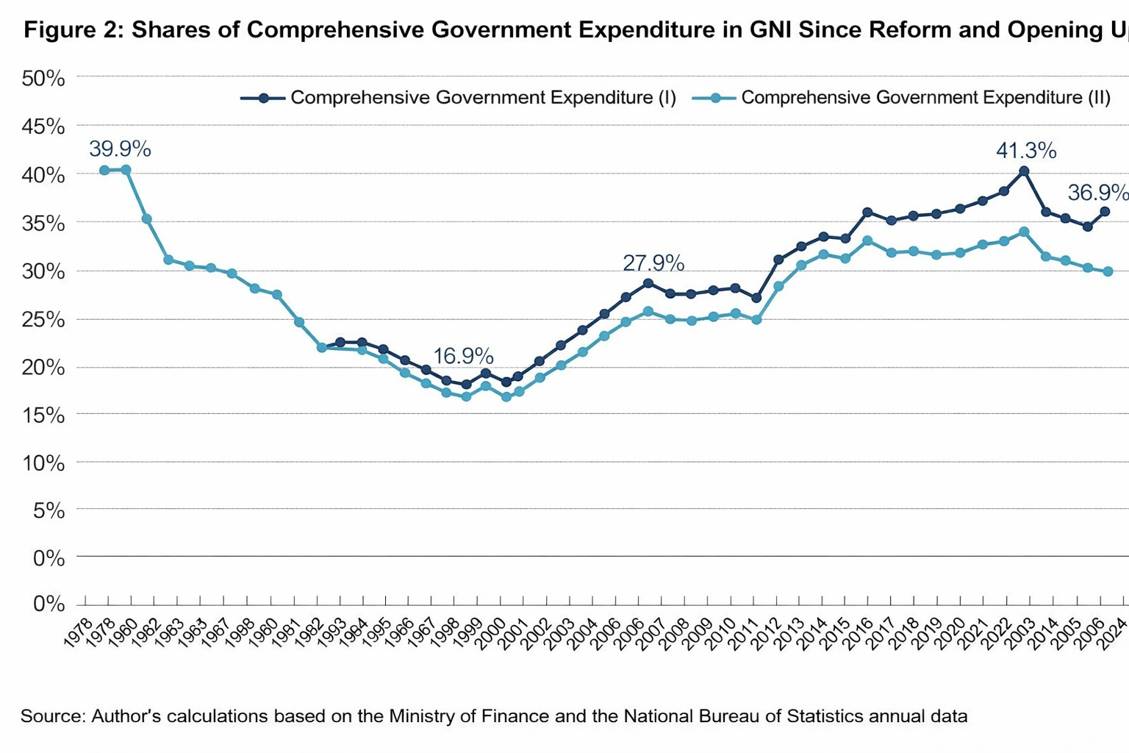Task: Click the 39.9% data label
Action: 120,149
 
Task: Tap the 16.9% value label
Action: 463,356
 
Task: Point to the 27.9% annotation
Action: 653,263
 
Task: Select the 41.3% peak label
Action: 1026,151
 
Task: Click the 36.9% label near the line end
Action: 1097,193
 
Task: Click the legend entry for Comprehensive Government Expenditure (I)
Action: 459,98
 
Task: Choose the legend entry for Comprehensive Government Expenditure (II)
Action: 902,98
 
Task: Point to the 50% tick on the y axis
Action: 43,79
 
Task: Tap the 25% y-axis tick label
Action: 43,320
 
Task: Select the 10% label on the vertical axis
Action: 43,464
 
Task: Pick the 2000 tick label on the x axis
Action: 491,632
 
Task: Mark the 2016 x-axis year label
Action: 856,632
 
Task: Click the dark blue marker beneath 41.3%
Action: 1024,171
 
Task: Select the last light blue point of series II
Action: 1108,271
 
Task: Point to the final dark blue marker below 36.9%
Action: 1105,212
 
